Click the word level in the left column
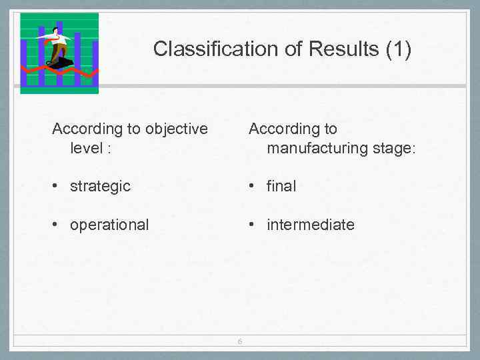[x=86, y=147]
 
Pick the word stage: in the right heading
[x=394, y=147]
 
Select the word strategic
[x=100, y=186]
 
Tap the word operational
[x=109, y=225]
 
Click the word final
[x=281, y=186]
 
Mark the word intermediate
[x=311, y=225]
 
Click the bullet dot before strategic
[x=56, y=186]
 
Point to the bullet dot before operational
[x=56, y=225]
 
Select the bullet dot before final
[x=252, y=186]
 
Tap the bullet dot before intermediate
[x=252, y=225]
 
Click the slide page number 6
[x=240, y=343]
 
